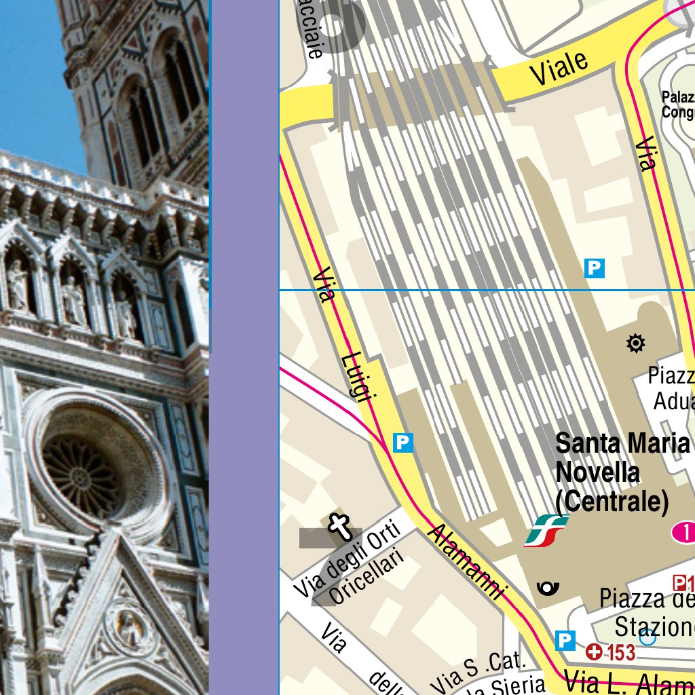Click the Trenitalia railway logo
point(546,530)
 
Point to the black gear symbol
point(635,343)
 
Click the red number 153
point(620,653)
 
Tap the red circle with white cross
point(595,652)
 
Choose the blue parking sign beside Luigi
point(403,443)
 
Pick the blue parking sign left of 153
point(565,639)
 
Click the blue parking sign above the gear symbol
point(595,268)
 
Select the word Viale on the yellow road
point(559,68)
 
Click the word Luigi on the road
point(358,377)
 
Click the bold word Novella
point(597,472)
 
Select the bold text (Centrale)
point(612,502)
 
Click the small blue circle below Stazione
point(648,637)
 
